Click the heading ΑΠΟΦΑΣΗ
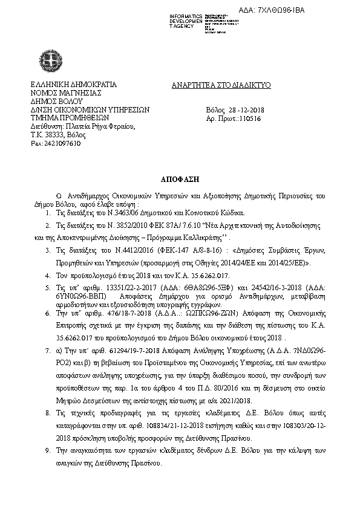point(180,180)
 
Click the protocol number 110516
point(249,119)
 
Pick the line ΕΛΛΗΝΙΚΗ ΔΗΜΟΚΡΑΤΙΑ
point(73,85)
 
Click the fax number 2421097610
point(51,144)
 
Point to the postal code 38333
point(55,135)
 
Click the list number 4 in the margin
point(48,274)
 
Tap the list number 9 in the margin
point(48,450)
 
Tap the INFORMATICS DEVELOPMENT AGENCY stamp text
point(187,20)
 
